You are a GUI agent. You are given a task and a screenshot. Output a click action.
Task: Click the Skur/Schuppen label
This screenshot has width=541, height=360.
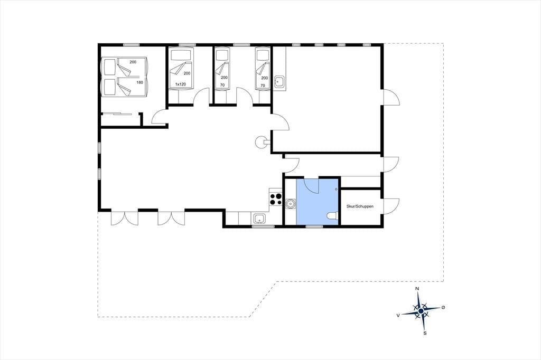tap(360, 206)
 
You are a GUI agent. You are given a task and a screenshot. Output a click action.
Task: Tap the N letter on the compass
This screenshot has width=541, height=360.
tap(417, 289)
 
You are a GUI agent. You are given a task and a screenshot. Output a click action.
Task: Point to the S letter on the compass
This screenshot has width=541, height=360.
tap(425, 333)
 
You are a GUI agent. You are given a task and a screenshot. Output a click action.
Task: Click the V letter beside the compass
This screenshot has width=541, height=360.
tap(398, 315)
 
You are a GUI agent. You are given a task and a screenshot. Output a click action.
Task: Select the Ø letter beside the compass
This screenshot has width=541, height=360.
tap(443, 307)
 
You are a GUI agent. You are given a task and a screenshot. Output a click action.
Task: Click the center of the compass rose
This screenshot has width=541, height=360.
tap(421, 311)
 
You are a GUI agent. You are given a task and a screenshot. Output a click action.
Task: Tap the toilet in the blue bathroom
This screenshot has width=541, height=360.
tap(332, 216)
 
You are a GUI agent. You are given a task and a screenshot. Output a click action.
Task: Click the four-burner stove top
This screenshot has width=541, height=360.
tap(275, 200)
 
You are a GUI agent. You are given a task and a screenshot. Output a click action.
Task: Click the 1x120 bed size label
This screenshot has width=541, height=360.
tap(181, 84)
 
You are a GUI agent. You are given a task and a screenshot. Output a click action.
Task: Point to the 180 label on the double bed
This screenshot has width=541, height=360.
tap(139, 82)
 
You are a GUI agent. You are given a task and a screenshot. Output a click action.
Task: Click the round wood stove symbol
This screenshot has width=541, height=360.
tap(261, 141)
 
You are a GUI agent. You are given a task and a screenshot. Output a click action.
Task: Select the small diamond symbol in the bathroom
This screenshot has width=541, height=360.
tap(336, 189)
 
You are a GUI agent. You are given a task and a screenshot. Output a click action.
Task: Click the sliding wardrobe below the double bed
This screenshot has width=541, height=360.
tap(117, 113)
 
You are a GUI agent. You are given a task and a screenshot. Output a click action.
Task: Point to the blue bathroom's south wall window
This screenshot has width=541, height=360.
tap(314, 226)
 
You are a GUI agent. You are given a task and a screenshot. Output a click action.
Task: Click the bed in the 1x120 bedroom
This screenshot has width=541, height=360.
tap(181, 69)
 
